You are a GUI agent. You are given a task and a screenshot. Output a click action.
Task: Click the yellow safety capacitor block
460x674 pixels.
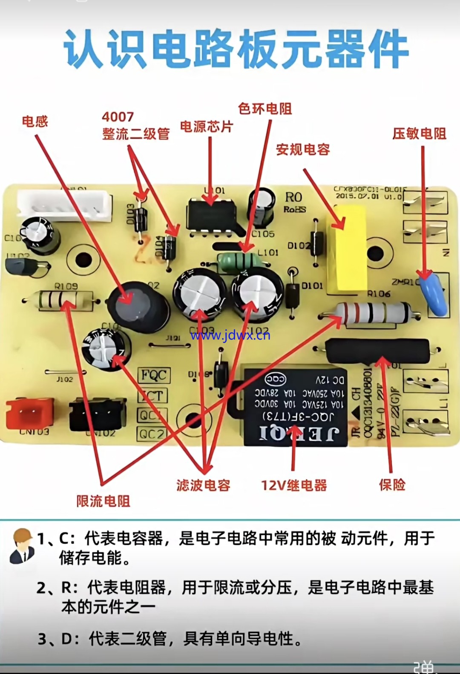tap(346, 249)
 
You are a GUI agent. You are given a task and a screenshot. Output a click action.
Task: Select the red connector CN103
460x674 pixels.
tap(29, 412)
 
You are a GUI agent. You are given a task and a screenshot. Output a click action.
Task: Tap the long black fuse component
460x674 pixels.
tap(377, 351)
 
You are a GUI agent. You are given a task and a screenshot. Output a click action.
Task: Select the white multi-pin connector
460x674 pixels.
tap(64, 205)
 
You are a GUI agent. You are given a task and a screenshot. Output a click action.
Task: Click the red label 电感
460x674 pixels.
tap(35, 122)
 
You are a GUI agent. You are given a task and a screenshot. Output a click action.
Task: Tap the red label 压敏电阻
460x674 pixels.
tap(419, 134)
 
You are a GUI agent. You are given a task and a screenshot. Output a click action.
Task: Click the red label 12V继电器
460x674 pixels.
tap(294, 485)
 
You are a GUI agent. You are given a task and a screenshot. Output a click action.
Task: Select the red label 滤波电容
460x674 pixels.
tap(203, 485)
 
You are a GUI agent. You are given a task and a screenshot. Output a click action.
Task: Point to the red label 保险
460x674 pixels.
tap(392, 485)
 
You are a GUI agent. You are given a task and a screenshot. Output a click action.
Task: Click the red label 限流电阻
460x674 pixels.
tap(103, 501)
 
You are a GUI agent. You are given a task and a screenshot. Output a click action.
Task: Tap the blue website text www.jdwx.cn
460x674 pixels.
tap(230, 335)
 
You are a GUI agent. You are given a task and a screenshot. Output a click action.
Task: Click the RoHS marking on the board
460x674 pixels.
tap(295, 209)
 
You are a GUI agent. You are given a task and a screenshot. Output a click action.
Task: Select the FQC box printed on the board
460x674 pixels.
tap(154, 375)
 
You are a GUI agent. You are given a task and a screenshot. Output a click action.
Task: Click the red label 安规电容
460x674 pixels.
tap(303, 149)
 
